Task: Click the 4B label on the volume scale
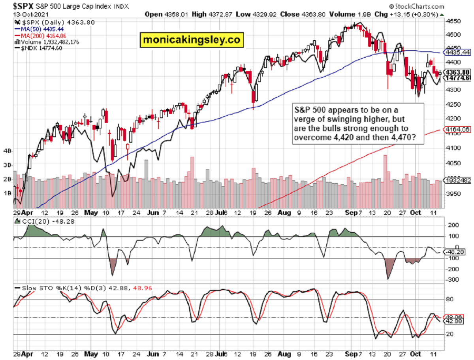coord(8,151)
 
